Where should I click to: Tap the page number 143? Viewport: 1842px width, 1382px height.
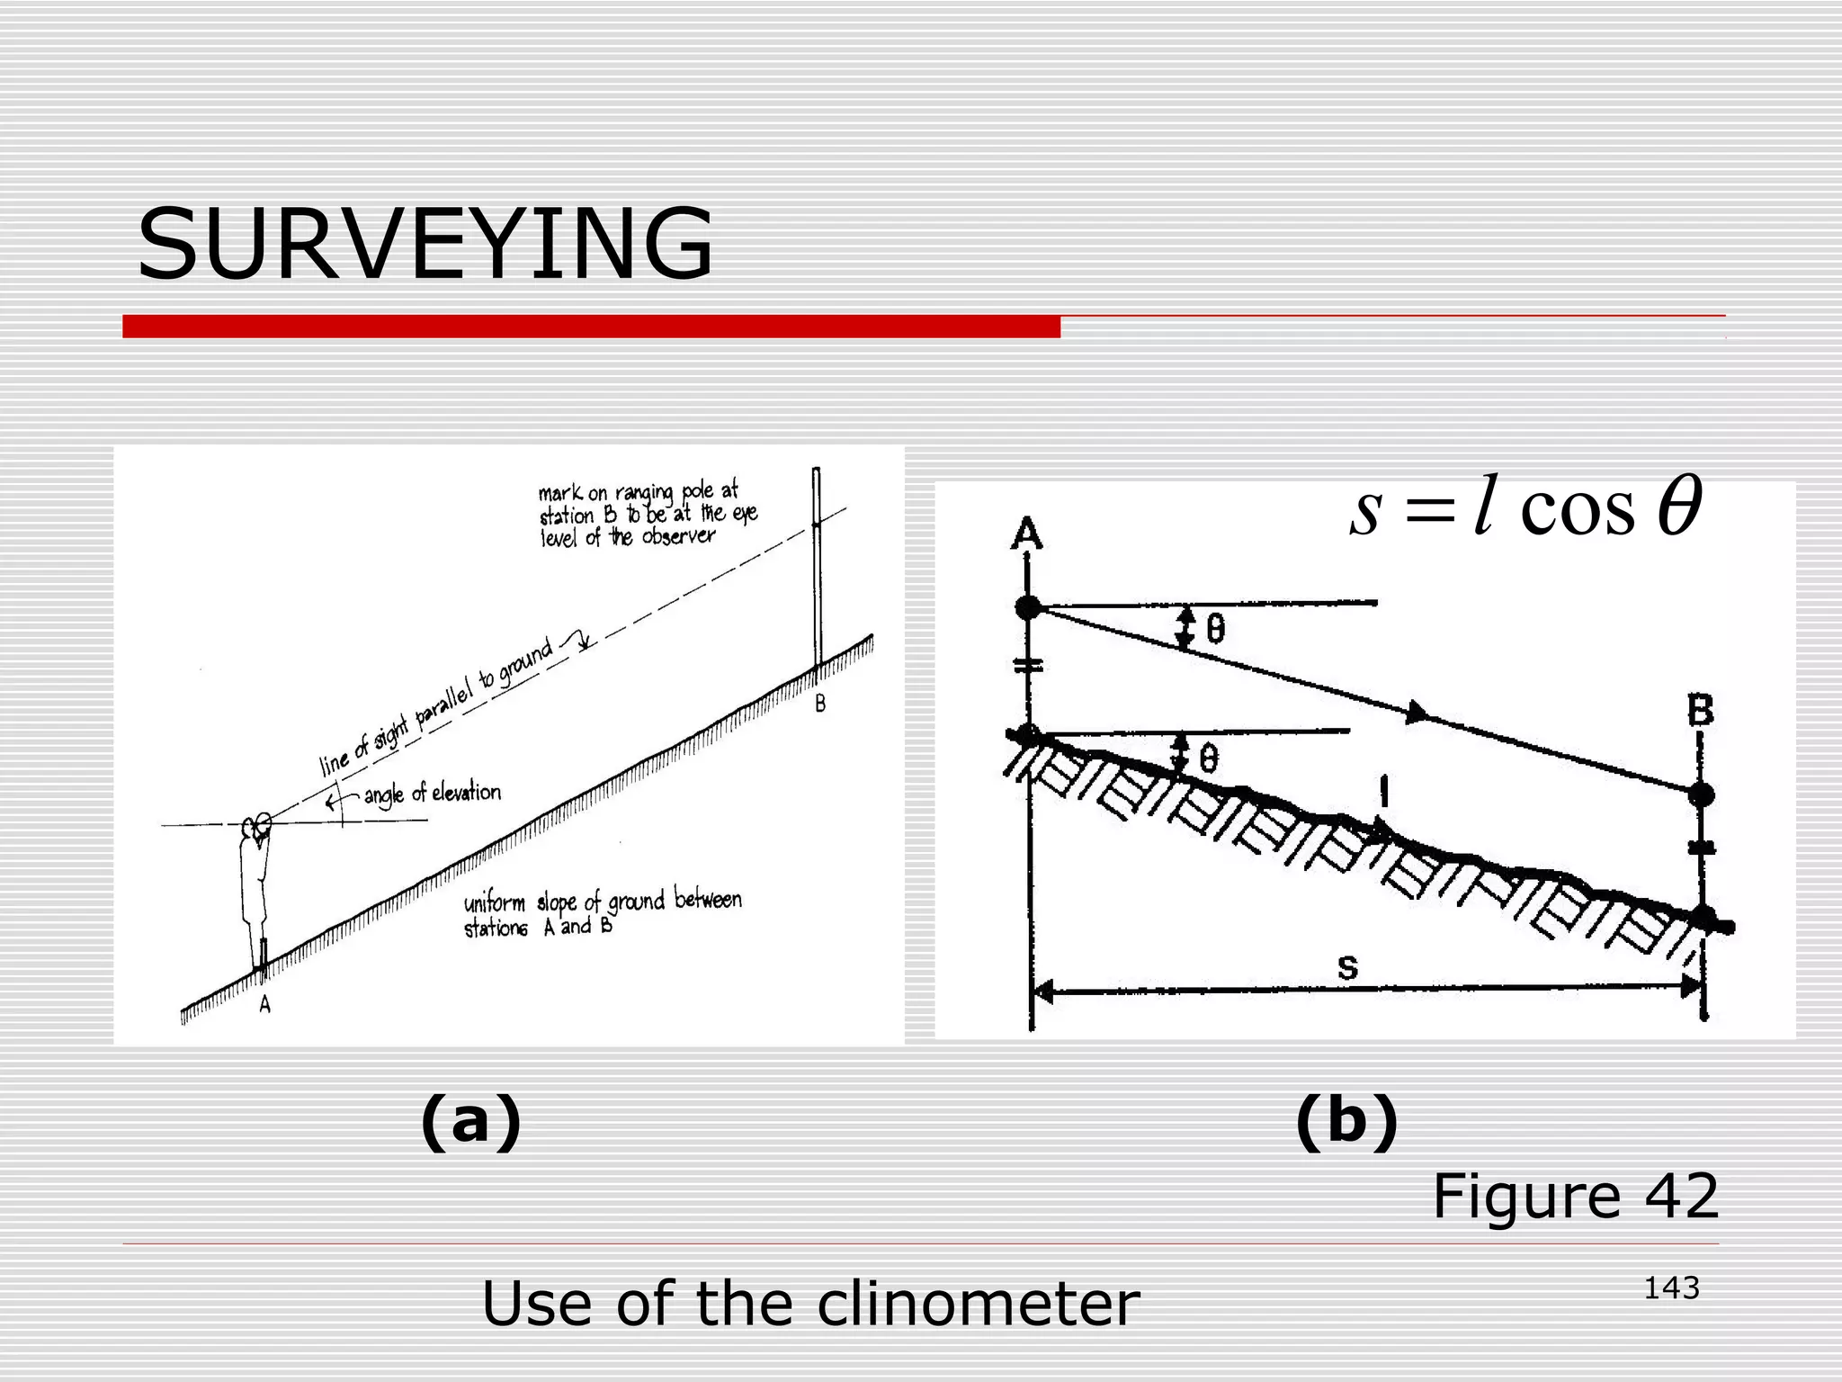pos(1671,1288)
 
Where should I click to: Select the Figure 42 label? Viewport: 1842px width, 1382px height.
pos(1575,1197)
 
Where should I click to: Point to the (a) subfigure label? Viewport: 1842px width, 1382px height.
pos(470,1121)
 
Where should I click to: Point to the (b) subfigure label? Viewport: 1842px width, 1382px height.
pos(1346,1121)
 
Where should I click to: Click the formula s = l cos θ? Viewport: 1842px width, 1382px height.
pos(1525,509)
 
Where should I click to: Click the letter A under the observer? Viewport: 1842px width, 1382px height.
pos(265,1006)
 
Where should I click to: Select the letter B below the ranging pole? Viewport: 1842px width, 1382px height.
pos(820,704)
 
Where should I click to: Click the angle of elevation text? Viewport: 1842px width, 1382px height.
pos(432,794)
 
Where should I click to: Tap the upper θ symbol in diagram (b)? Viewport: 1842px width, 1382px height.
pos(1215,629)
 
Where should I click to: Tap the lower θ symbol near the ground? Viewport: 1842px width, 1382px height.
pos(1210,760)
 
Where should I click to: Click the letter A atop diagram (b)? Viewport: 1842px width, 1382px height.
pos(1027,534)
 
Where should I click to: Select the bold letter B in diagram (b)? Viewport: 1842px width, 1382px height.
pos(1699,712)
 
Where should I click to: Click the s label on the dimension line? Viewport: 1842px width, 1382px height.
pos(1346,968)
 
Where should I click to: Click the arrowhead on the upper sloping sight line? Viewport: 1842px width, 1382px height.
pos(1416,713)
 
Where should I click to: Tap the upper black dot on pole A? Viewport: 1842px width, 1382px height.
pos(1027,607)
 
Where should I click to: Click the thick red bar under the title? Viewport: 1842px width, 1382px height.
pos(591,327)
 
